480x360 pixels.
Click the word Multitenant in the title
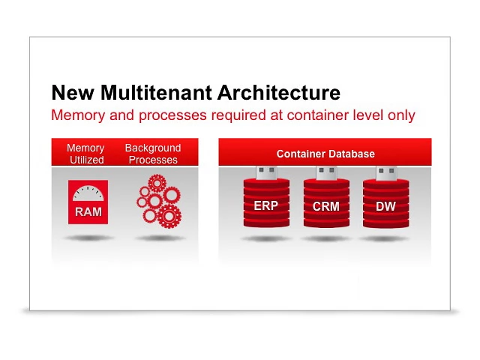click(x=156, y=93)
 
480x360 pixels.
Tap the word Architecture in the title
click(x=279, y=93)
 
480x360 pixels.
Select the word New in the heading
click(x=73, y=93)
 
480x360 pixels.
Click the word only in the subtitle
click(x=401, y=115)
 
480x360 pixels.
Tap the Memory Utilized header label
click(x=86, y=154)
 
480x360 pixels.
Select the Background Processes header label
click(x=153, y=154)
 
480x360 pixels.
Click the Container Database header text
click(x=325, y=154)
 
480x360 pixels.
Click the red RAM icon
click(x=88, y=202)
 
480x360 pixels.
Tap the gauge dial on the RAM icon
click(x=88, y=193)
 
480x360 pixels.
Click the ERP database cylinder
click(x=265, y=205)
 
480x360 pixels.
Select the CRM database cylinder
click(x=325, y=205)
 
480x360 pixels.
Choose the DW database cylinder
click(x=385, y=205)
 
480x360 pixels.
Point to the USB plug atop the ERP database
click(x=266, y=173)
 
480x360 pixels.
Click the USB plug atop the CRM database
click(x=326, y=173)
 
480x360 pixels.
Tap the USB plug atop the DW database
click(x=386, y=173)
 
